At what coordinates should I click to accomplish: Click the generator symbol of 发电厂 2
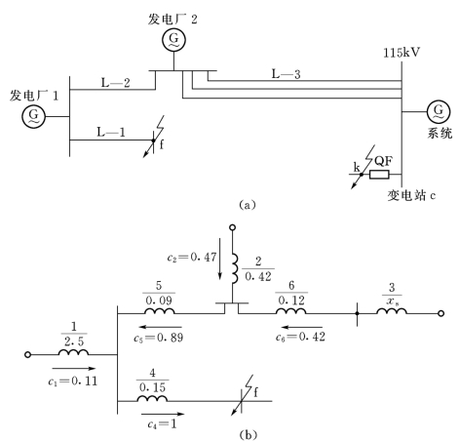[x=173, y=40]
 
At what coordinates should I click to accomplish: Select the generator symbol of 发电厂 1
[x=34, y=116]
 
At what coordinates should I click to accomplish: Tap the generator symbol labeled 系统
[x=439, y=111]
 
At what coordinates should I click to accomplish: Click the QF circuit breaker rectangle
[x=379, y=175]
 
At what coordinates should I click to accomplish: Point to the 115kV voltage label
[x=402, y=53]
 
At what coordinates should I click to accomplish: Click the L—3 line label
[x=286, y=74]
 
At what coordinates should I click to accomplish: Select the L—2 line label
[x=115, y=83]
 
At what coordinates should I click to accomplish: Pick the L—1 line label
[x=111, y=132]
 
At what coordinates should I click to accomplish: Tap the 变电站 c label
[x=411, y=195]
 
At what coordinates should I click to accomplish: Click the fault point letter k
[x=357, y=167]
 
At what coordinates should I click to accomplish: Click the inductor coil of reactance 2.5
[x=73, y=351]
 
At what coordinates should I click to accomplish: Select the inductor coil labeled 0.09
[x=159, y=310]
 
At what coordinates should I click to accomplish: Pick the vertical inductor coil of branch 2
[x=235, y=268]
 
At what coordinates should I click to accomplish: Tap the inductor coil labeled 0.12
[x=291, y=310]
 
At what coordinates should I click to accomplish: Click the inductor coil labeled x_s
[x=392, y=310]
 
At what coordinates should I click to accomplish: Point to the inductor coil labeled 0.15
[x=152, y=398]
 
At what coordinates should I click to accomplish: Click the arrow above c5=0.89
[x=161, y=327]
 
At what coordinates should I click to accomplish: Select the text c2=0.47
[x=192, y=258]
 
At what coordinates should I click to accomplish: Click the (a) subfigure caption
[x=248, y=205]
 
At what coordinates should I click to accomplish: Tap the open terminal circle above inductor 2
[x=232, y=227]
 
